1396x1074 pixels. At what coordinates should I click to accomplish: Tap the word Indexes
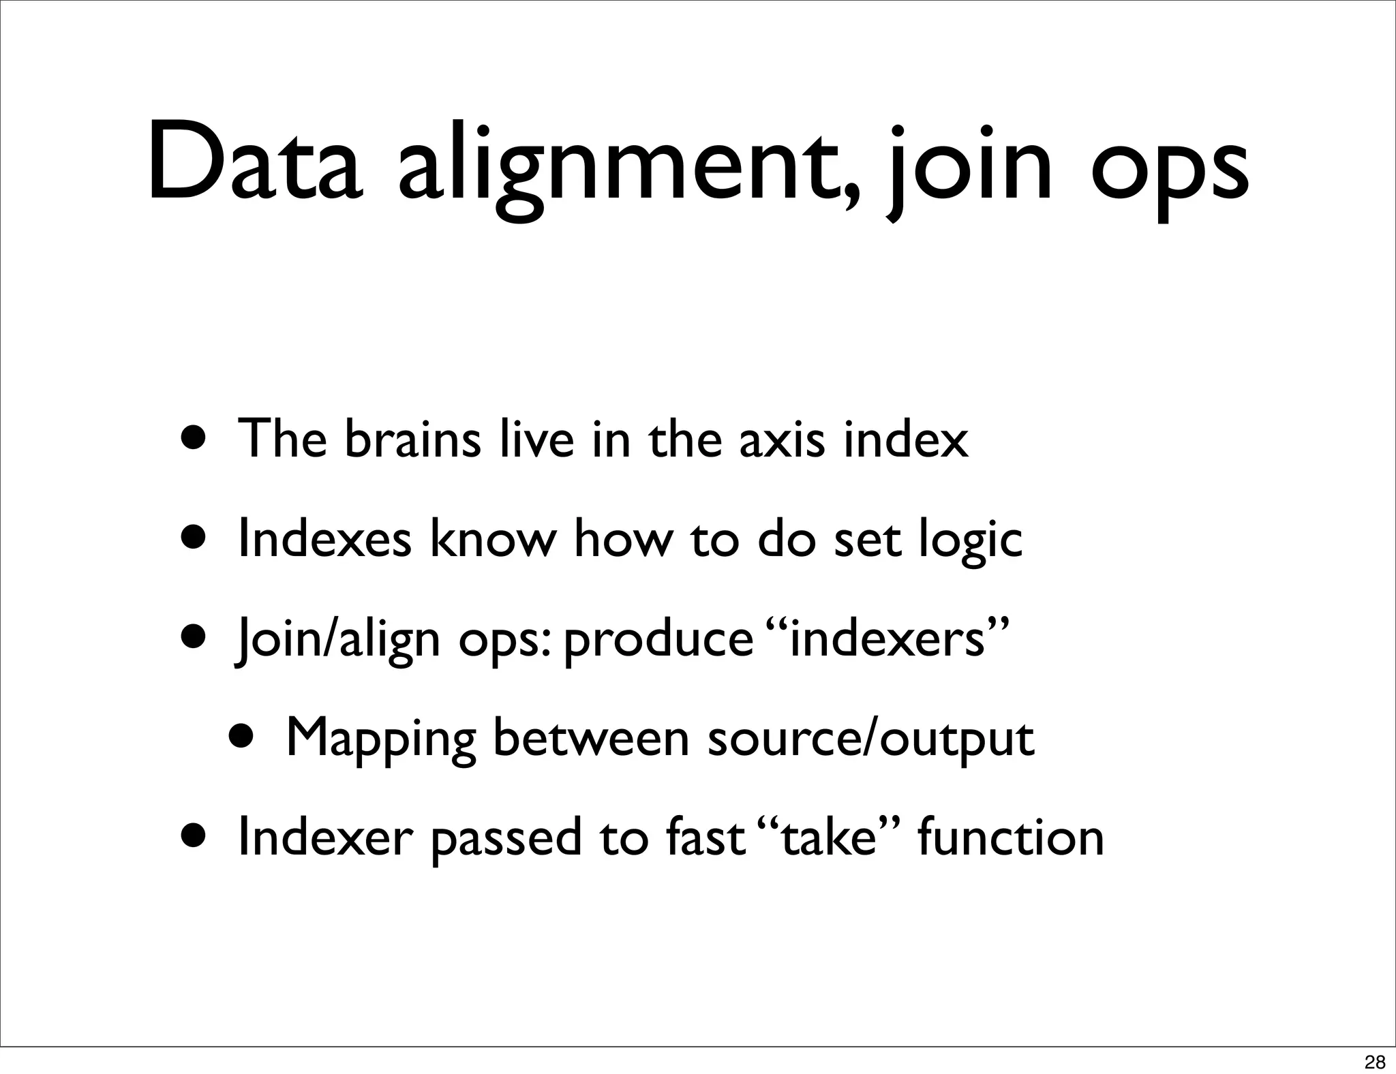[x=324, y=539]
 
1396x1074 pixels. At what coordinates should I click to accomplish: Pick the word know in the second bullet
[x=493, y=539]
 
